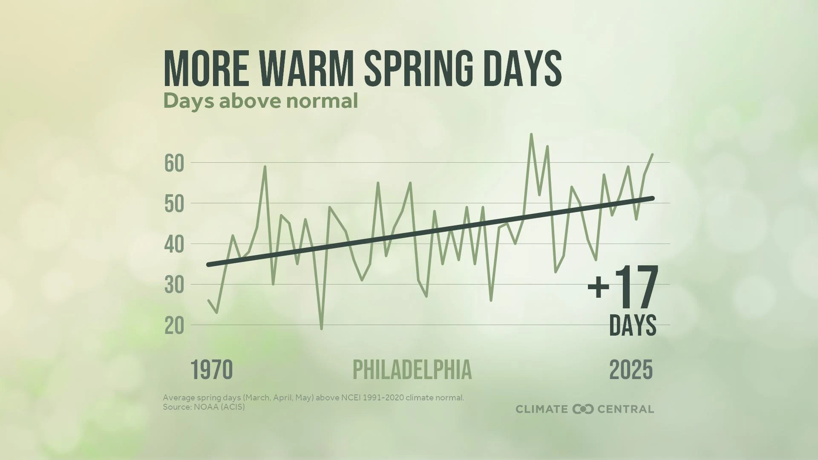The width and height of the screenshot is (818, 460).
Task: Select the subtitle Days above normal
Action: (260, 101)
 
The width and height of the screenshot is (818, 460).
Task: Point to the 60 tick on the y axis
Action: (174, 164)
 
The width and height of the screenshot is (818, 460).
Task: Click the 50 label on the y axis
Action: (174, 205)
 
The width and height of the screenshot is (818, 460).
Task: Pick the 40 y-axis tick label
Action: (174, 245)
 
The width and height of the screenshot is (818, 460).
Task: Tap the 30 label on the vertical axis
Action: (174, 286)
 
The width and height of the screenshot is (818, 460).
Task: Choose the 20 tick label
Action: (174, 327)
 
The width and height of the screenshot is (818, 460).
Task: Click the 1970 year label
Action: (212, 370)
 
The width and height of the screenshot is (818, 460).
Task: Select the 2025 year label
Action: (631, 370)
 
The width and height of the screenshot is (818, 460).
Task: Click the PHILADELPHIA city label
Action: (412, 370)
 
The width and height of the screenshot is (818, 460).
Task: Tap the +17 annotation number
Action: (623, 287)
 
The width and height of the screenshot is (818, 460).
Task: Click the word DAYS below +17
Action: (633, 325)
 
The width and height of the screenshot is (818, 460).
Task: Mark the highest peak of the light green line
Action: (531, 134)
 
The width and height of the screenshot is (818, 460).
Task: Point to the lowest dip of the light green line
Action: (321, 329)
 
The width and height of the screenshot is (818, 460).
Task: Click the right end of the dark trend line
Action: (652, 198)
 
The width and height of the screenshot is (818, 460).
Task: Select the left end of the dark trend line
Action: (208, 265)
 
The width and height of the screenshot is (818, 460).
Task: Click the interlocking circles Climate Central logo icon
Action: (583, 409)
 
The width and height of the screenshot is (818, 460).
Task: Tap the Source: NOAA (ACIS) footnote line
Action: (204, 407)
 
